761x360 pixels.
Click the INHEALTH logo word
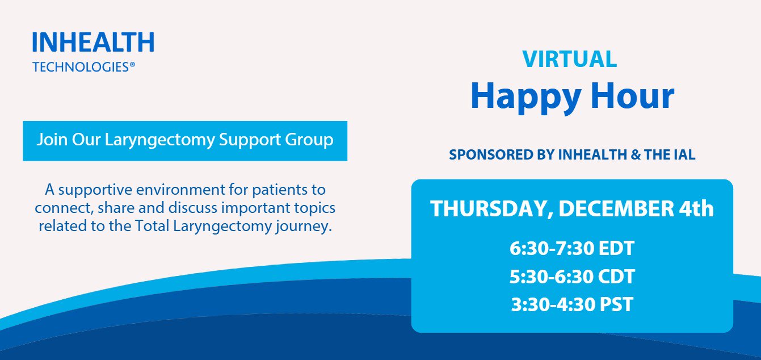pos(94,42)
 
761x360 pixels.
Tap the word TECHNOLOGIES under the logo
pos(81,67)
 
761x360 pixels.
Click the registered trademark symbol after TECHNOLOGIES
pos(132,65)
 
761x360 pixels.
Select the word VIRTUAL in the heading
pos(570,59)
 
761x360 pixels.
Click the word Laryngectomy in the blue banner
pos(159,140)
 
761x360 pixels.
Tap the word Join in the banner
pos(52,139)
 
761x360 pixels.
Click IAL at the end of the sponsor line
pos(684,154)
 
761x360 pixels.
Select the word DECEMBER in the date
pos(616,209)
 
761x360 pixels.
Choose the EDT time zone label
pos(616,248)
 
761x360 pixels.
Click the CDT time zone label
pos(616,277)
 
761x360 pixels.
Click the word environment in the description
pos(180,190)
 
